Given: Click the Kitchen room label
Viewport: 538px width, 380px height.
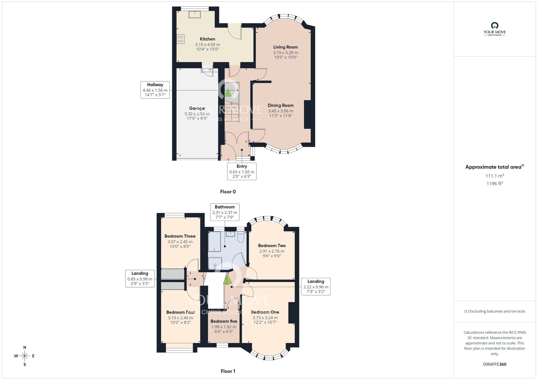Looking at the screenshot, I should [207, 39].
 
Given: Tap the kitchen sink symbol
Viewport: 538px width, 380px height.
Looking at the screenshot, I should [194, 14].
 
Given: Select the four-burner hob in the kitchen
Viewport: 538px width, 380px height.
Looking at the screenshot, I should [180, 39].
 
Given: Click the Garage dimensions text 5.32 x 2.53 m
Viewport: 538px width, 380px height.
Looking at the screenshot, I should [197, 114].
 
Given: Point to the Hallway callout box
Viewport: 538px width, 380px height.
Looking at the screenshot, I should [155, 90].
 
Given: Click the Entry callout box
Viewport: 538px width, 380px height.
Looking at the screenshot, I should [242, 171].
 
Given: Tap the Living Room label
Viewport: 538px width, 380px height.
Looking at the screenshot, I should [285, 47].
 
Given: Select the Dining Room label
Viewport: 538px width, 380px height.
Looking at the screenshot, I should [281, 105].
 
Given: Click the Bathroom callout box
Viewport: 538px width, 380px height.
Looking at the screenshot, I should [225, 212].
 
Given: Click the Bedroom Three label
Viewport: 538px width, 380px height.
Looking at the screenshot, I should [180, 236].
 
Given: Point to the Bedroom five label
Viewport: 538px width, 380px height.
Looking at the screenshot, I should [224, 321].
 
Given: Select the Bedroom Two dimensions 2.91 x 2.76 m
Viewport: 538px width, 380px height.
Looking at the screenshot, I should [272, 251].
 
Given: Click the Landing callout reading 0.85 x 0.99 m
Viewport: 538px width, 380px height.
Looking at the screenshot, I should [140, 278].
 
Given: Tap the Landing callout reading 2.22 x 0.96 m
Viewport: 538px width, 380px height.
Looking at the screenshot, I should [316, 286].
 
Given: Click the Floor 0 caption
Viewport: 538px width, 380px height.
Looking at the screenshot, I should [228, 192].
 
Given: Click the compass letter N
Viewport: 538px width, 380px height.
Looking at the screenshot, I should [25, 347].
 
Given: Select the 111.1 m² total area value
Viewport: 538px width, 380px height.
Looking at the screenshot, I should [494, 176].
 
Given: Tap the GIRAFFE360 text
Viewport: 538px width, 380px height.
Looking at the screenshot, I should [494, 364].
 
